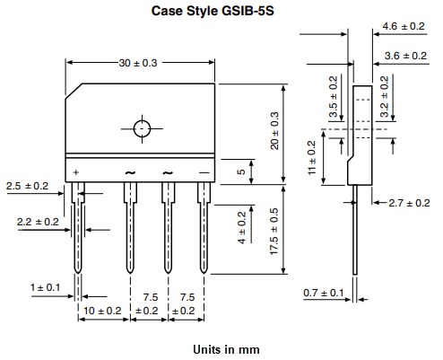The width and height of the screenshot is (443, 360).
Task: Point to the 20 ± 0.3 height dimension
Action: [275, 130]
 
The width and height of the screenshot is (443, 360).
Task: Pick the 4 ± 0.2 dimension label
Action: [240, 229]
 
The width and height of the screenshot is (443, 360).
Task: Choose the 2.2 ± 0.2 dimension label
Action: [37, 221]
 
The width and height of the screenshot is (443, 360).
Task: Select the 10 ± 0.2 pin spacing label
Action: [101, 311]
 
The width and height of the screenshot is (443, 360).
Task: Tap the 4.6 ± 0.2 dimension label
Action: [402, 28]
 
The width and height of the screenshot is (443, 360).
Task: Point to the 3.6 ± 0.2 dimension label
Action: [402, 56]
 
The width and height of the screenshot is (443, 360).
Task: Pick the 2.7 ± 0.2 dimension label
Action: [404, 203]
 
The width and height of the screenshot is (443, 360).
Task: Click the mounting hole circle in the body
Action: [143, 128]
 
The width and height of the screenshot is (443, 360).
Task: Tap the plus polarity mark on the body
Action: [75, 171]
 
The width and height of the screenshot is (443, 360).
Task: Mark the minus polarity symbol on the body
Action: [204, 171]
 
